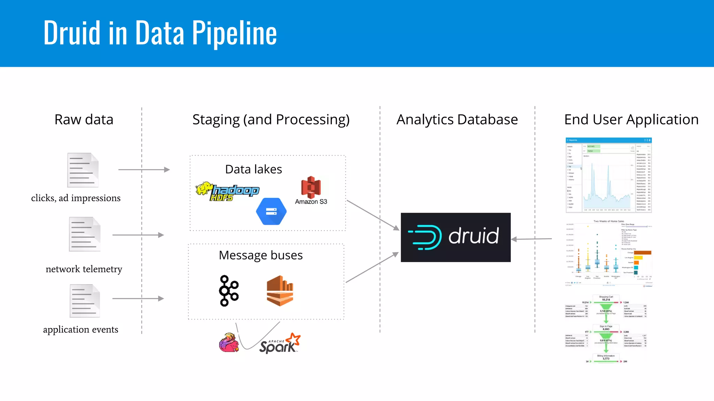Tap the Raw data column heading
84,119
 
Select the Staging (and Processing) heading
271,119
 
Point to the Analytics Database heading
457,119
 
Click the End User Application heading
631,119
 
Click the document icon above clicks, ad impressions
83,170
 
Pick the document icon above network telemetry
85,234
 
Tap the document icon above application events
85,301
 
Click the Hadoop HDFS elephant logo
227,191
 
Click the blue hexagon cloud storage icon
271,211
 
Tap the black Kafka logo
228,291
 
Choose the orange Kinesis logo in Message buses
280,291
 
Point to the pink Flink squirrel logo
229,343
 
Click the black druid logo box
455,237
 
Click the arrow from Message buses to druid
372,267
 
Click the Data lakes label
253,169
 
